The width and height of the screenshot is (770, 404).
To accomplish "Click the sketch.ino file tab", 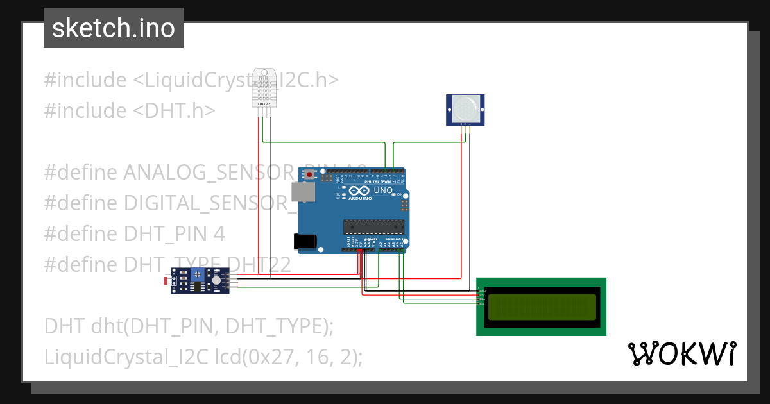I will tap(113, 28).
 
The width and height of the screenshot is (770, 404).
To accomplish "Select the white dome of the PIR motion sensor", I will tap(465, 108).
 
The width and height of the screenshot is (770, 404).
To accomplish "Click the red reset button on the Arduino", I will tap(311, 174).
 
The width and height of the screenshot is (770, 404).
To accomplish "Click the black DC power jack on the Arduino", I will tap(305, 240).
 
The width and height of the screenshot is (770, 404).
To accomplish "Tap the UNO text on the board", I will tap(382, 190).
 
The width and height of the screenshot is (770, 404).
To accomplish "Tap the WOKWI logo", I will tap(681, 354).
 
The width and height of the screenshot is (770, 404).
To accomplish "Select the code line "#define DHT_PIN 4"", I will tap(134, 233).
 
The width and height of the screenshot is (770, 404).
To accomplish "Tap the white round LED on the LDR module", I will tap(216, 280).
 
